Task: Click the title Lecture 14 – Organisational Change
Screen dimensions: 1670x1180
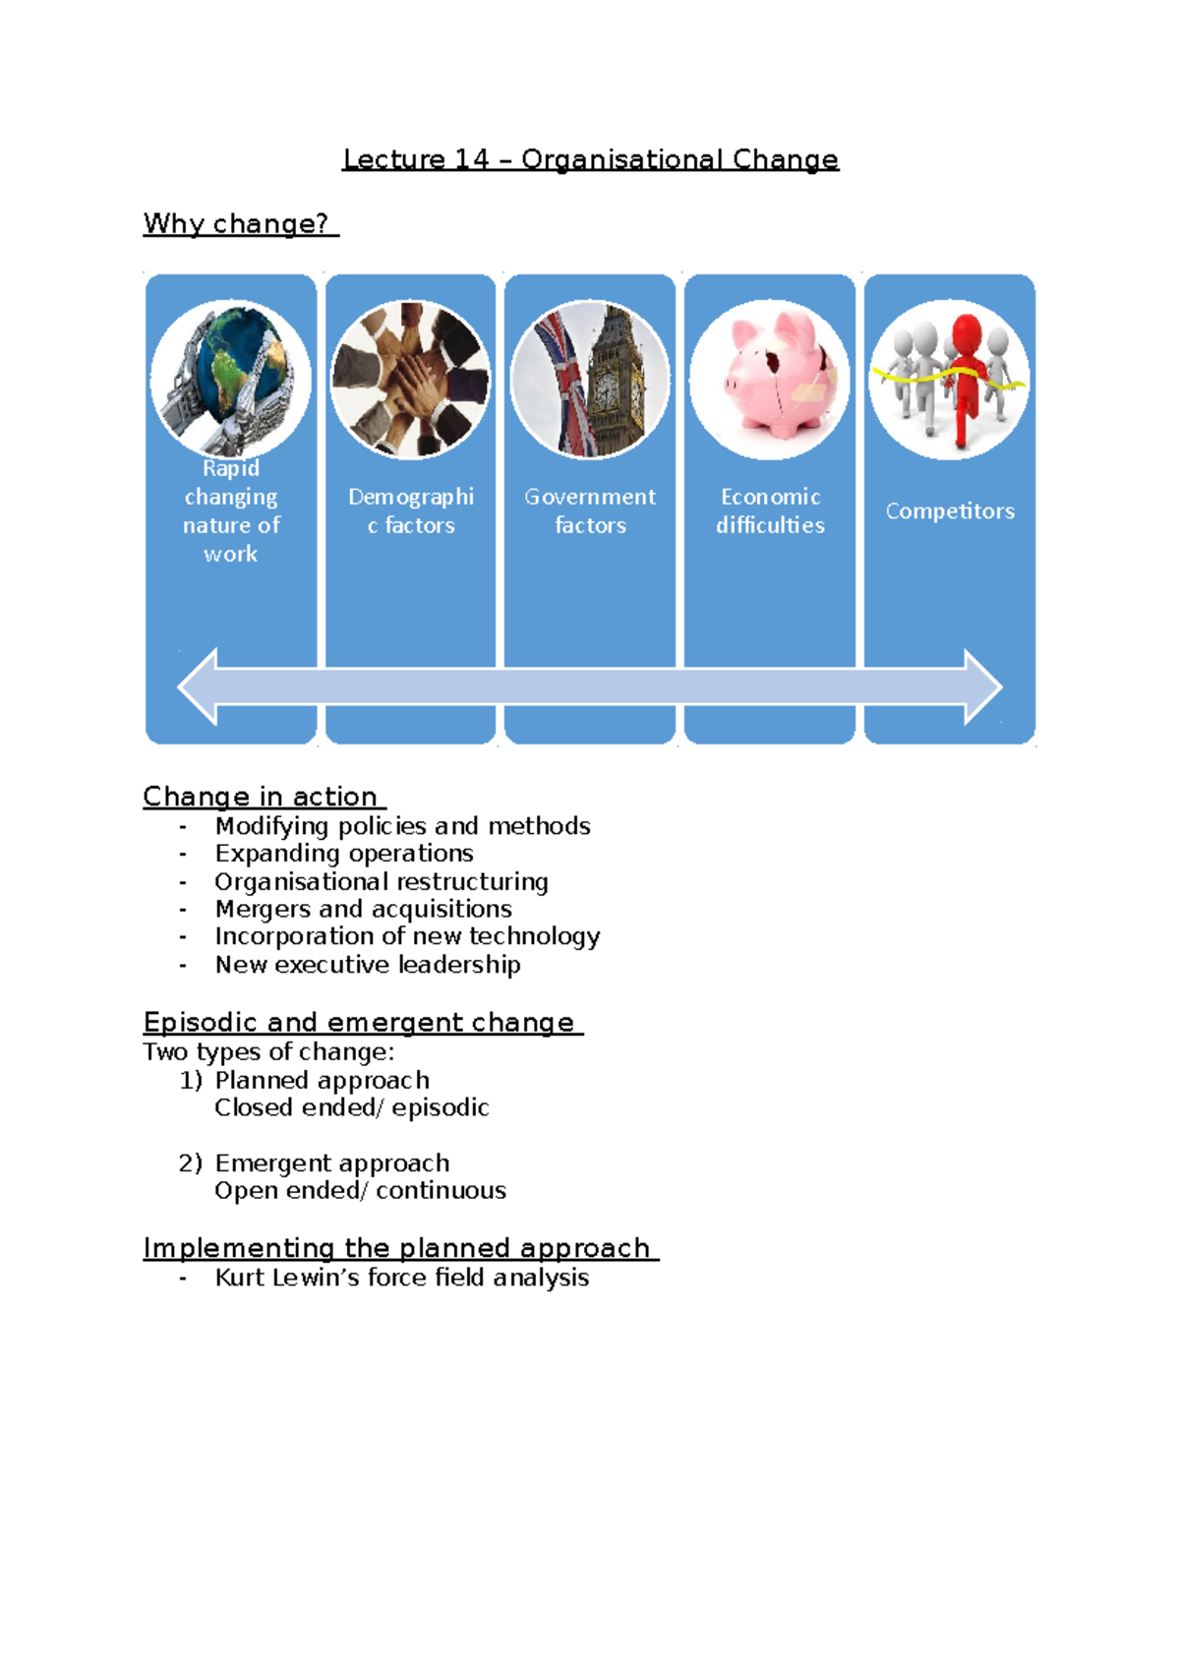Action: (590, 159)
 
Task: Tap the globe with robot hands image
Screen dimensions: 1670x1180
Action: (231, 379)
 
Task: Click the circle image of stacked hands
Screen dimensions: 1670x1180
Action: (410, 379)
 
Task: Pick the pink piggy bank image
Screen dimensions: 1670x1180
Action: (770, 379)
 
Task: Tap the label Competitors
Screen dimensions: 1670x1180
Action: (950, 511)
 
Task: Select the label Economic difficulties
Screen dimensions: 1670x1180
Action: (770, 510)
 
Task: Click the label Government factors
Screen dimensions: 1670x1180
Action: (590, 510)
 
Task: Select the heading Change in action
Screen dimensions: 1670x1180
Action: (261, 797)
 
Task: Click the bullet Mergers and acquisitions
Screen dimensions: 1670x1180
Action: (363, 909)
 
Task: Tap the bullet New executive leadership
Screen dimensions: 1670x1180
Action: (368, 965)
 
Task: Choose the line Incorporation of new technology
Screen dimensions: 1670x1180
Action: (407, 936)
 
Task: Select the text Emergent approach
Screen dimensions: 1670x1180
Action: (332, 1163)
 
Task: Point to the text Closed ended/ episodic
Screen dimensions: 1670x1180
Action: (351, 1108)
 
